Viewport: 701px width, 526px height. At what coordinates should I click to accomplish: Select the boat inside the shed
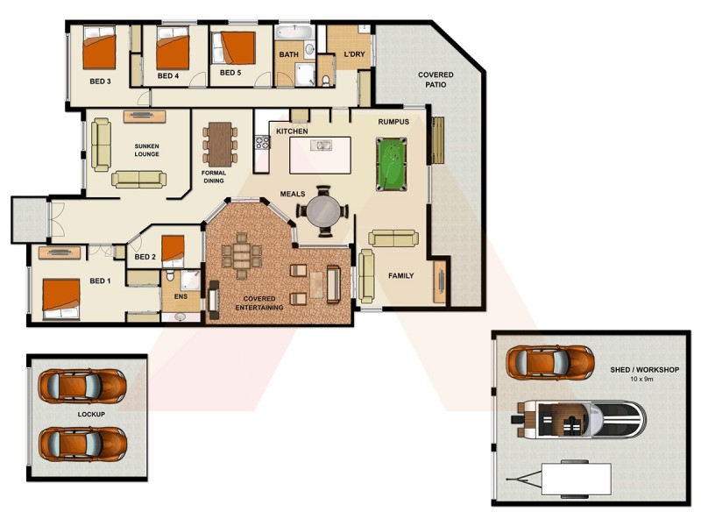(582, 418)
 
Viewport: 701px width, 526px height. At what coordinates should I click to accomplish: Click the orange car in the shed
(550, 361)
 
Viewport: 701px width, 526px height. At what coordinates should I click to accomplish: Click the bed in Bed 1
(59, 297)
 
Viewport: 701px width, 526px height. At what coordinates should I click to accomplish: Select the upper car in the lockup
(81, 385)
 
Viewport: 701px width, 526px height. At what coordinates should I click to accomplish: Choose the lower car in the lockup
(81, 444)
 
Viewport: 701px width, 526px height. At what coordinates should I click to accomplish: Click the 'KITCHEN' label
(292, 131)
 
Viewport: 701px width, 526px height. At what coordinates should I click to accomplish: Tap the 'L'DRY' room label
(354, 54)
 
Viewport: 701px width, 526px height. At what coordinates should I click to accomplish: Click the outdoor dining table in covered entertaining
(241, 256)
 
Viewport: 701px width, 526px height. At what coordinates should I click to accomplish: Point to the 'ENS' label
(181, 297)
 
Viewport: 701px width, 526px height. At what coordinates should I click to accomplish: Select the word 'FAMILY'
(400, 275)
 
